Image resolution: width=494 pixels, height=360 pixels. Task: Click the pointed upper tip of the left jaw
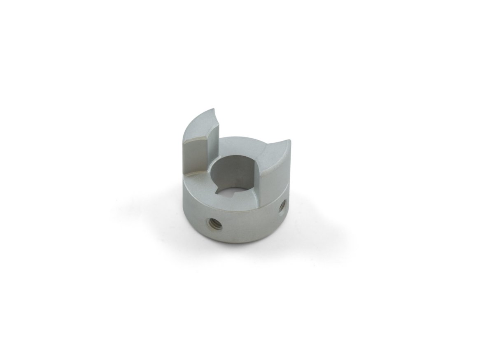tap(213, 110)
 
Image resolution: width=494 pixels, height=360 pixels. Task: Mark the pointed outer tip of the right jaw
tap(289, 141)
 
